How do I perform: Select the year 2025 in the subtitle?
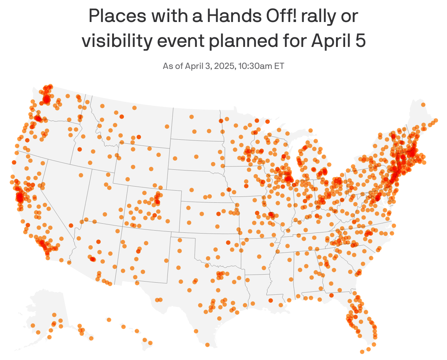point(223,66)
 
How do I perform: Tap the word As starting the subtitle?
point(167,66)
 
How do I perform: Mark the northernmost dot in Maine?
point(423,105)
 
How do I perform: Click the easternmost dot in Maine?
point(436,120)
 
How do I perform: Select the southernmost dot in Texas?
point(207,345)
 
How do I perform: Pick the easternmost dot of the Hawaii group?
point(150,343)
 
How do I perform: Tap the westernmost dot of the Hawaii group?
point(109,320)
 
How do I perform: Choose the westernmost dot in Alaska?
point(33,325)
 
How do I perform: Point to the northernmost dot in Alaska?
point(54,315)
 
